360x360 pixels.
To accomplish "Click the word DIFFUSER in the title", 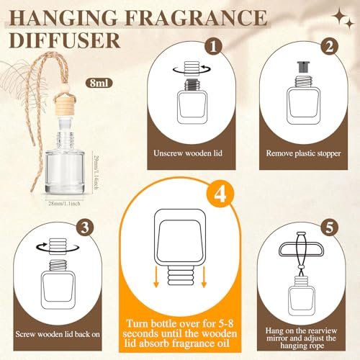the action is coord(65,40).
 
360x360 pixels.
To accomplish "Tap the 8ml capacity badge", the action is coord(99,83).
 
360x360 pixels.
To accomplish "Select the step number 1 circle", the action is coord(213,47).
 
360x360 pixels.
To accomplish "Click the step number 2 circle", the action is coord(329,47).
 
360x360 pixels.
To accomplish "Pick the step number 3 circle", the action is coord(85,227).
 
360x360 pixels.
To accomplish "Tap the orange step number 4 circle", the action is coord(220,194).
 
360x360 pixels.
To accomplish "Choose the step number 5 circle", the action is coord(330,227).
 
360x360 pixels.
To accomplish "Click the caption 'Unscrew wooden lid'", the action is coord(188,153).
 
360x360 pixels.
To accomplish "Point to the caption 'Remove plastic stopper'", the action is coord(303,153).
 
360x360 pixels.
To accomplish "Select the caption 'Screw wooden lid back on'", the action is coord(58,334).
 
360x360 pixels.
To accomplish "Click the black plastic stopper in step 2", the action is coord(304,67).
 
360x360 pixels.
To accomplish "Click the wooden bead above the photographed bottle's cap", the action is coord(65,90).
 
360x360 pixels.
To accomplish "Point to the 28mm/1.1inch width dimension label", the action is coord(64,204).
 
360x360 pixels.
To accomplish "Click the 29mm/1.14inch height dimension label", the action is coord(96,173).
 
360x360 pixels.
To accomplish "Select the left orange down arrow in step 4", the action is coord(156,276).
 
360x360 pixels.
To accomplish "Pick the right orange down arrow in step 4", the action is coord(204,276).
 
